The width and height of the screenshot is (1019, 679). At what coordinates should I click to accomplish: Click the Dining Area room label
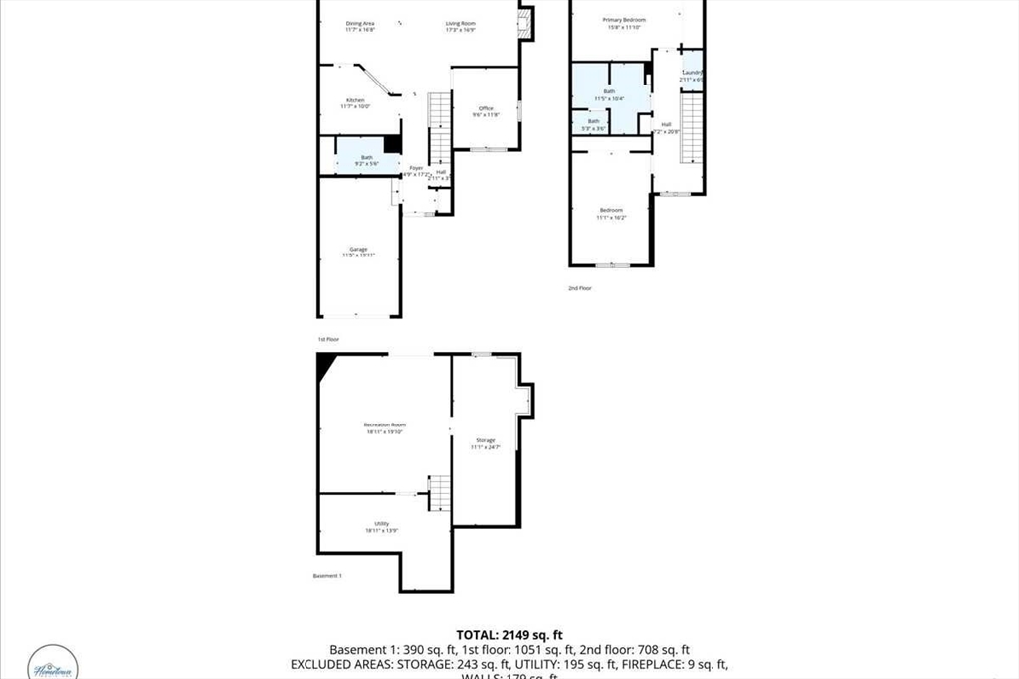click(360, 23)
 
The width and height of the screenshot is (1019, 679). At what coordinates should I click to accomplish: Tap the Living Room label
click(460, 23)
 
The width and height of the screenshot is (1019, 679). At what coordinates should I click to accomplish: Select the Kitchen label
click(355, 100)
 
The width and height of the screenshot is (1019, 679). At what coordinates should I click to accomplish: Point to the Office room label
click(486, 108)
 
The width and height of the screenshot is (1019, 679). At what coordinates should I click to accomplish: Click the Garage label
click(358, 249)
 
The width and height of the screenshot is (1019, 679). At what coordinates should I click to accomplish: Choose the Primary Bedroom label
click(624, 20)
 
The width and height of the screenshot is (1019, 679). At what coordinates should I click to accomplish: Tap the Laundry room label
click(693, 73)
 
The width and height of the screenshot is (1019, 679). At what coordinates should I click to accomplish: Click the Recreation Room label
click(384, 425)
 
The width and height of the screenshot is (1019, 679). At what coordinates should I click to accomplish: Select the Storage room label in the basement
click(485, 440)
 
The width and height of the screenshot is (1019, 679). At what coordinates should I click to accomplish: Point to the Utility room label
click(381, 524)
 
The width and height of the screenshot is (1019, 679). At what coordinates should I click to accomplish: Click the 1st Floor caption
click(329, 339)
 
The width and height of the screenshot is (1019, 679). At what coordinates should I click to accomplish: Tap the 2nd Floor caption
click(579, 288)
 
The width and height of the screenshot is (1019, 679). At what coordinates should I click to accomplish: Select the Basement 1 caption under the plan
click(327, 576)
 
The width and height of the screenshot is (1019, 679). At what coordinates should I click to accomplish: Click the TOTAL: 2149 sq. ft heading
click(509, 634)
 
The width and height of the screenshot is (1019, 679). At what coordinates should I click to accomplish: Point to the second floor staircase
click(692, 127)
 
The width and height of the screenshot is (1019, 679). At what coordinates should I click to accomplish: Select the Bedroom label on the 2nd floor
click(611, 210)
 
